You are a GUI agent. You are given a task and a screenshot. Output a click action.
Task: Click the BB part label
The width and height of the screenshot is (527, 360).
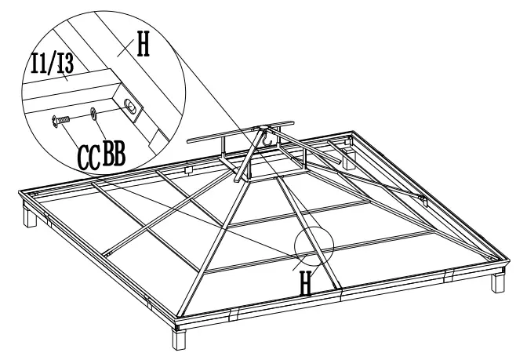[114, 153]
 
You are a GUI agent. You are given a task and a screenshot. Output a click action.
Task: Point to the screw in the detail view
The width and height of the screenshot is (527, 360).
[59, 119]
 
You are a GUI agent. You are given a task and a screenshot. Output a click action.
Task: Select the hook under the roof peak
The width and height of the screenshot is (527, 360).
[267, 140]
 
